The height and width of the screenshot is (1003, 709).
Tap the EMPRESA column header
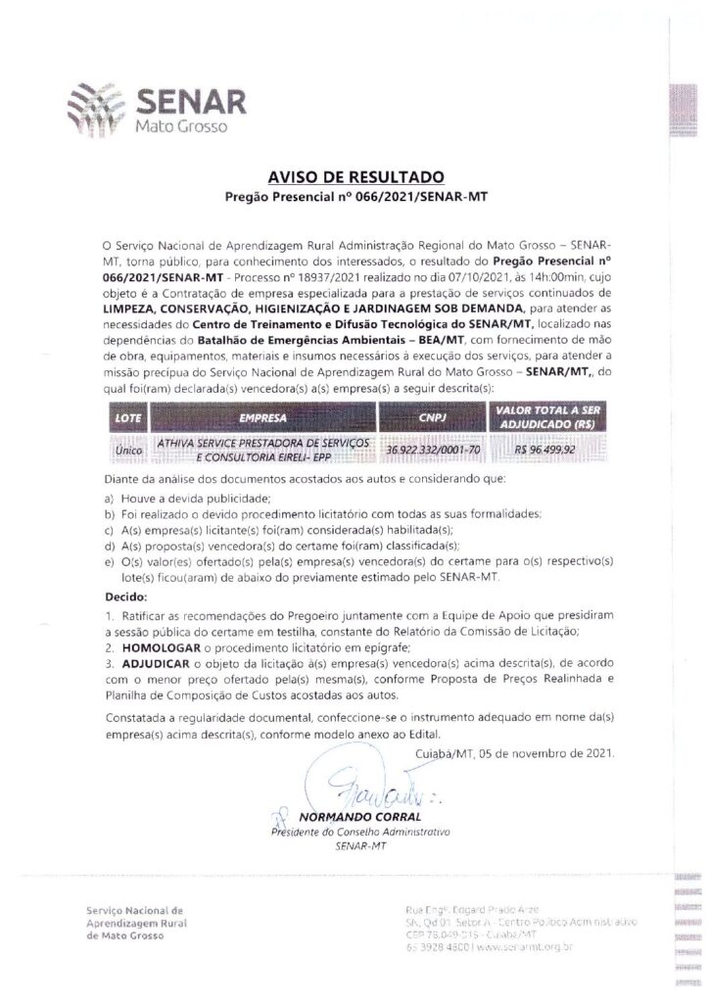click(x=261, y=418)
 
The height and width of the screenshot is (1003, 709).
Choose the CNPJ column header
click(x=431, y=418)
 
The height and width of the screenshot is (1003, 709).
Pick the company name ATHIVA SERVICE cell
click(x=261, y=450)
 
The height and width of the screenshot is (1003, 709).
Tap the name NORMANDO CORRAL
click(x=360, y=816)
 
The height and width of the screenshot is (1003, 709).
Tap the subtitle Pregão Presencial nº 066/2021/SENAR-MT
click(x=356, y=197)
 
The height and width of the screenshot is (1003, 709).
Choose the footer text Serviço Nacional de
click(x=134, y=910)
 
